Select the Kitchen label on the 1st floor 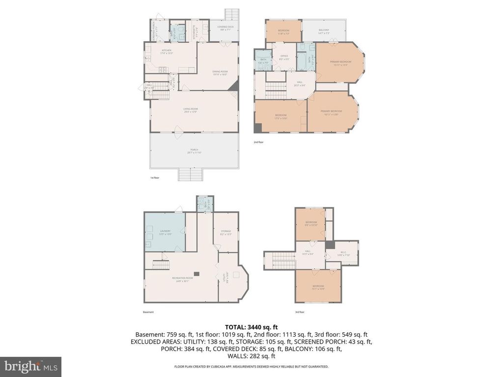pyautogui.click(x=167, y=51)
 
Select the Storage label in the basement pyautogui.click(x=225, y=233)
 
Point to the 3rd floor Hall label pyautogui.click(x=307, y=252)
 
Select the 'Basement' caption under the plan pyautogui.click(x=148, y=312)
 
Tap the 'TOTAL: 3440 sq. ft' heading pyautogui.click(x=251, y=326)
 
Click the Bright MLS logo pyautogui.click(x=30, y=366)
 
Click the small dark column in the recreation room pyautogui.click(x=196, y=273)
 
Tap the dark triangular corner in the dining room pyautogui.click(x=235, y=86)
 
